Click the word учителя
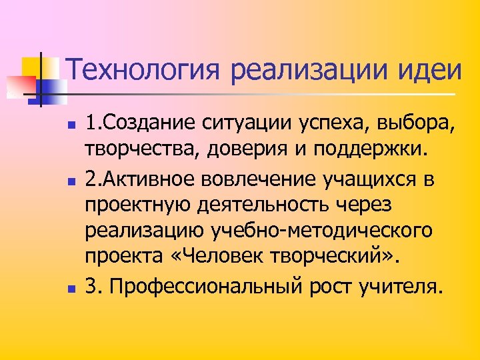[403, 287]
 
